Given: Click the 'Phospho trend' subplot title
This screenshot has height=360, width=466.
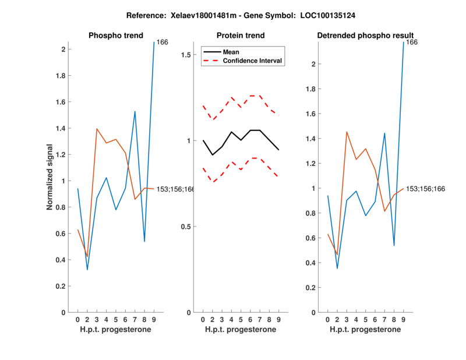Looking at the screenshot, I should point(115,36).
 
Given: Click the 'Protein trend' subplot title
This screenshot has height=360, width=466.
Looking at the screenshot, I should point(240,36).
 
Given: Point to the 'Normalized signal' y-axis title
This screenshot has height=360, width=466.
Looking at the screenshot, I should point(50,177).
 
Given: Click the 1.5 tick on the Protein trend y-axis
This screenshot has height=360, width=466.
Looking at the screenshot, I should point(186,55).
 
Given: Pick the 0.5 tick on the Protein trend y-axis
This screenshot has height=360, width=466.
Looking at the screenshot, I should point(186,227).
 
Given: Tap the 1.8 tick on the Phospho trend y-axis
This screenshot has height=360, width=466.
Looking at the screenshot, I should point(59,75).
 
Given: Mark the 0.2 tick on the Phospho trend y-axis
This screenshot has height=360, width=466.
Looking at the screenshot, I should point(59,286).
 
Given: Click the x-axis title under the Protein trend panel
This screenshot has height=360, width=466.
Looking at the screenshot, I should point(240,330).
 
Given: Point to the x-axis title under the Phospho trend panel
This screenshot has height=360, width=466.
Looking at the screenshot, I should point(115,330).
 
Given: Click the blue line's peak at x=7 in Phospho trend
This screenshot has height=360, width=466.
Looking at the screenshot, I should point(135,111).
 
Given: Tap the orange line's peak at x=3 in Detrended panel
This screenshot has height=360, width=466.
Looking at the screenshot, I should point(347,132).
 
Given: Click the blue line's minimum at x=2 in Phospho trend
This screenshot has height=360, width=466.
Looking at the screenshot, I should point(87,269).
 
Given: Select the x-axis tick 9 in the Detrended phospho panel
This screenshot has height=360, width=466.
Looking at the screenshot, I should point(403,319).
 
